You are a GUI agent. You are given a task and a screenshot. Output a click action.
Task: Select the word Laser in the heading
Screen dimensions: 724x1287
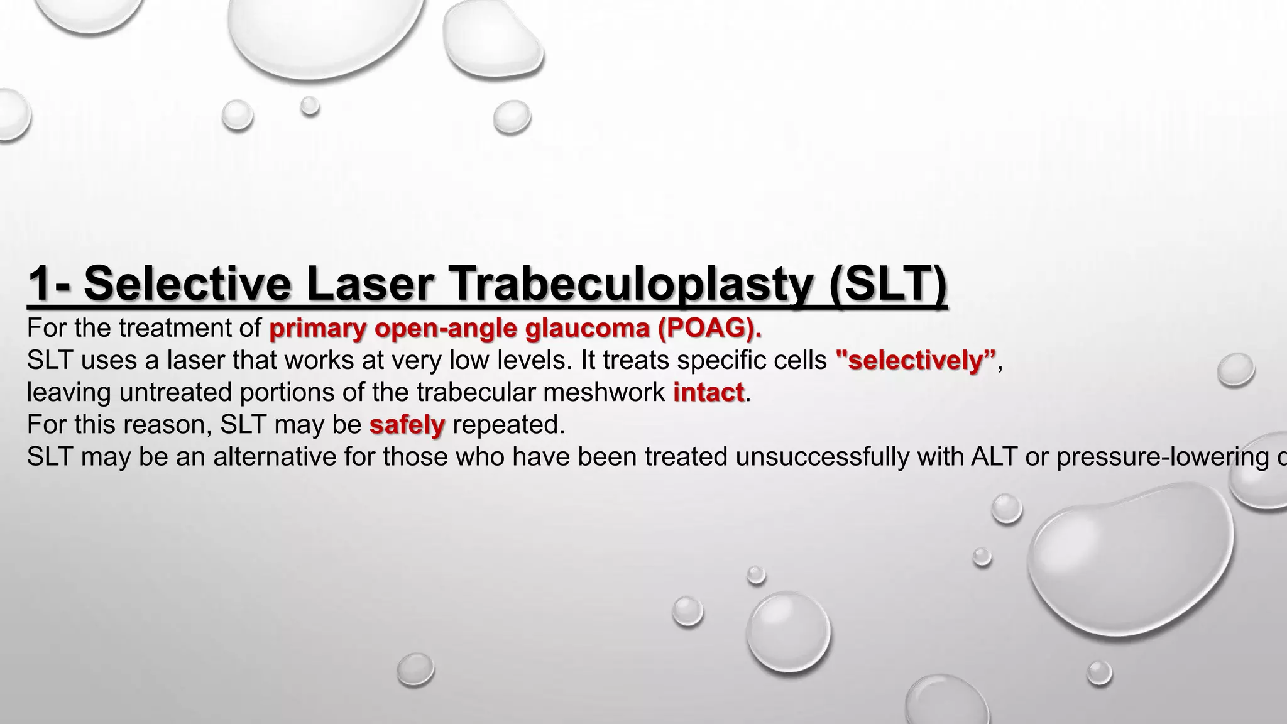[x=370, y=285]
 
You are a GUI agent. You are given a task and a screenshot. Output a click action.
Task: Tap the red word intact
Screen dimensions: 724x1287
[x=708, y=393]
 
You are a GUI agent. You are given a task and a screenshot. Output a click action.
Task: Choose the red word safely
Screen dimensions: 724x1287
[x=407, y=425]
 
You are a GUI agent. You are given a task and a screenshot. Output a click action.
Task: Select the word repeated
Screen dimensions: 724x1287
[x=508, y=425]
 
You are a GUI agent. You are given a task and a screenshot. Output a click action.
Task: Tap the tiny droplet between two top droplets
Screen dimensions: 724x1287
[x=309, y=106]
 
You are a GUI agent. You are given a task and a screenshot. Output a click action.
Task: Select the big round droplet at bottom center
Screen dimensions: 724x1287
[x=788, y=632]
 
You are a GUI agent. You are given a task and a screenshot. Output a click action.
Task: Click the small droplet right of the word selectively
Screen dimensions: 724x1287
[x=1235, y=370]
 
